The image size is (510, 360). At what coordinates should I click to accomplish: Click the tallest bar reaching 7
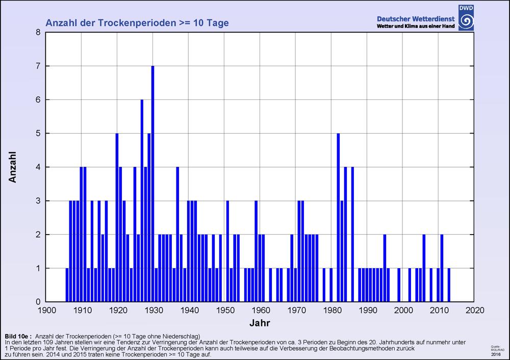click(x=152, y=184)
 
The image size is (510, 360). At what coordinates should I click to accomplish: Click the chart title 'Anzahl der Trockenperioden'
click(x=137, y=23)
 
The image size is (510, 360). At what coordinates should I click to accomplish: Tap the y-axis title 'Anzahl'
click(x=14, y=167)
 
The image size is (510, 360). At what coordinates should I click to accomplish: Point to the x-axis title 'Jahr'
click(x=260, y=323)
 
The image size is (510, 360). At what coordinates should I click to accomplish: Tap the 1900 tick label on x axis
click(x=46, y=310)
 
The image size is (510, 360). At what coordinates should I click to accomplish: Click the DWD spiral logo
click(x=466, y=19)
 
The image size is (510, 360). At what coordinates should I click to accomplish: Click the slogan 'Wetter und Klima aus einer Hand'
click(x=416, y=26)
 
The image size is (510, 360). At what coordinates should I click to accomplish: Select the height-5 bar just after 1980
click(x=338, y=217)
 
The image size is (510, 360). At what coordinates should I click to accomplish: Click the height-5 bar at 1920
click(x=117, y=217)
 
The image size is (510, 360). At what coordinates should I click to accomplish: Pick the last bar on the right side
click(x=449, y=285)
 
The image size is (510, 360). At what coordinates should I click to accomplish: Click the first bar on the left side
click(x=67, y=285)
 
